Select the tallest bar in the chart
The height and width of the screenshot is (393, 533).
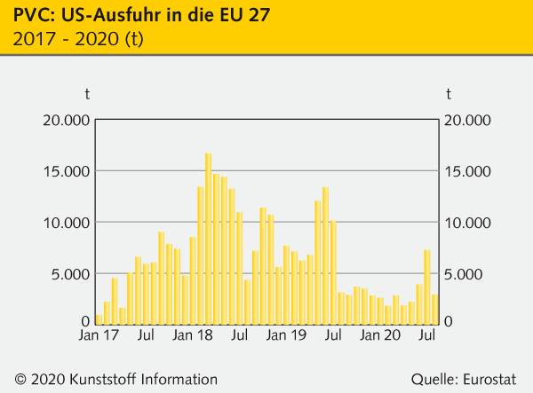click(208, 239)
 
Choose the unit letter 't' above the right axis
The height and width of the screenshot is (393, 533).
click(449, 93)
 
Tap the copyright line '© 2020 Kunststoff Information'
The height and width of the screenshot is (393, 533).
click(115, 379)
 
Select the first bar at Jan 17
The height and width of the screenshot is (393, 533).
click(99, 319)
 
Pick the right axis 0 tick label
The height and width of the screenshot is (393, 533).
click(450, 321)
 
